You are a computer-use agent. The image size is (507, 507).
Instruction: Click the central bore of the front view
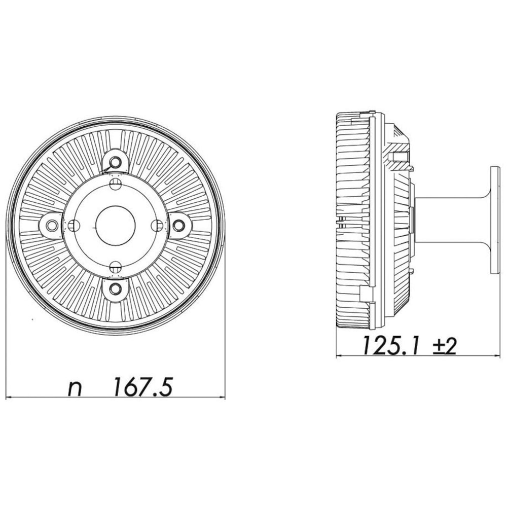pos(116,225)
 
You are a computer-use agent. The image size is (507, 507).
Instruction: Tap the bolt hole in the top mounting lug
pos(116,162)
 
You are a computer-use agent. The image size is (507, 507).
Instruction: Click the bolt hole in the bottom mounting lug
pos(116,288)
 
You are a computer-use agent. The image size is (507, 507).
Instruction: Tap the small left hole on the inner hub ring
pos(74,225)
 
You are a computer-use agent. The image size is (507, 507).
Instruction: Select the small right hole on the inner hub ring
pos(157,225)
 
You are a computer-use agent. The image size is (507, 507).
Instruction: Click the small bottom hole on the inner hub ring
pos(116,265)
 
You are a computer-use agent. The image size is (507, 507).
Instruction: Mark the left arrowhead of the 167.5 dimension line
pos(9,398)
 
